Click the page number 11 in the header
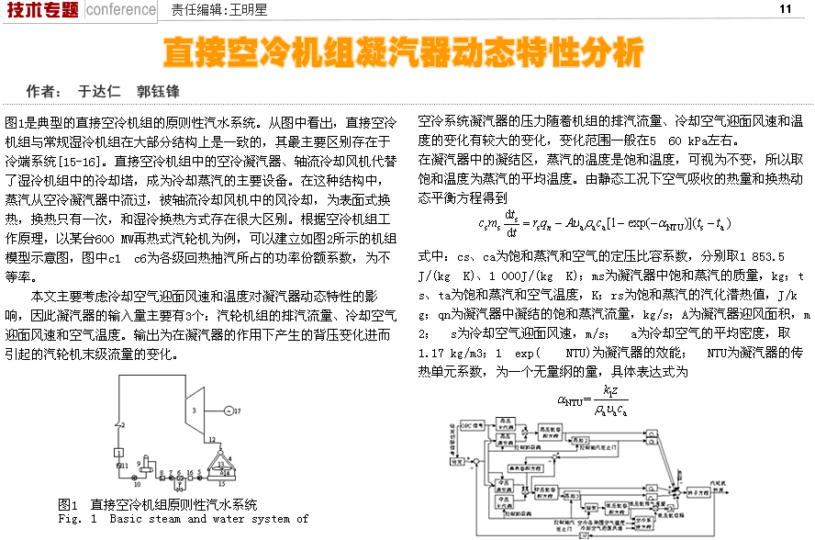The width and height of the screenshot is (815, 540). (785, 9)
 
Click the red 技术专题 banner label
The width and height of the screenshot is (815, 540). (40, 9)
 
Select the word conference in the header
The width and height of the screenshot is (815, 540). (121, 9)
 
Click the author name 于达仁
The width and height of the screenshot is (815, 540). (99, 92)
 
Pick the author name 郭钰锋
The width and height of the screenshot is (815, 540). (158, 92)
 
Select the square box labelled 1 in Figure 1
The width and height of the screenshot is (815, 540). (118, 453)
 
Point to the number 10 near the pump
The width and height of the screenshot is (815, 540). (138, 483)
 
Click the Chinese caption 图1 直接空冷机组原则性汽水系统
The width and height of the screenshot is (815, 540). (157, 504)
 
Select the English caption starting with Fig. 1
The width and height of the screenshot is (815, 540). (183, 519)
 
